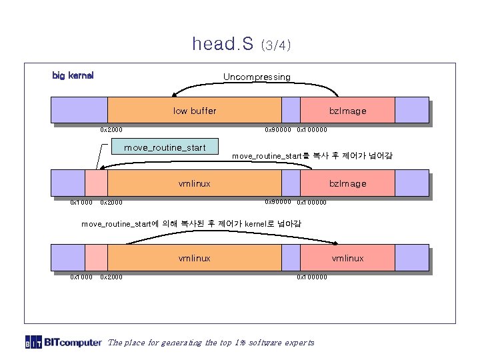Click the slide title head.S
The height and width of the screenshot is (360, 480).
click(x=223, y=44)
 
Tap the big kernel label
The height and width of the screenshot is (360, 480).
click(x=73, y=75)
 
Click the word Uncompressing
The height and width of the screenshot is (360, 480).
click(x=257, y=77)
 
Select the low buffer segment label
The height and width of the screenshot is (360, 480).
click(x=195, y=111)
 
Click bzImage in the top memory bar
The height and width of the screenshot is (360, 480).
click(x=347, y=111)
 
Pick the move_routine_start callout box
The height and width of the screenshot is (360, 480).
click(x=165, y=147)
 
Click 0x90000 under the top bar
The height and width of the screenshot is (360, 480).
click(x=278, y=129)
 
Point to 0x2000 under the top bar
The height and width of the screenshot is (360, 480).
click(x=111, y=129)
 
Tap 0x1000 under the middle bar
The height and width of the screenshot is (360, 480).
click(x=82, y=202)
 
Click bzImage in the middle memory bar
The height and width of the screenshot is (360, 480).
click(x=347, y=183)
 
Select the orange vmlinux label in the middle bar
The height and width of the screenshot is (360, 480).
click(x=195, y=183)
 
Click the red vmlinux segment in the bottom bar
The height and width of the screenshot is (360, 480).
click(x=347, y=258)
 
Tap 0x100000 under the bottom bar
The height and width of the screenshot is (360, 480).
click(x=312, y=277)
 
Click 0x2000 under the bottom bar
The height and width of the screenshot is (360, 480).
click(x=111, y=277)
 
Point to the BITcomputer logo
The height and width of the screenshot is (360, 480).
click(x=64, y=343)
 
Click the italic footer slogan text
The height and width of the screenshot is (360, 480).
click(x=210, y=343)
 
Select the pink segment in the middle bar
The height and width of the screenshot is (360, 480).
click(x=97, y=183)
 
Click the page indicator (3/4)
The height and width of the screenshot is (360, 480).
click(x=276, y=46)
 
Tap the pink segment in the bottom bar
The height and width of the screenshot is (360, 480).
click(x=97, y=258)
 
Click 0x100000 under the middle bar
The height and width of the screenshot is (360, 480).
click(x=312, y=202)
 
